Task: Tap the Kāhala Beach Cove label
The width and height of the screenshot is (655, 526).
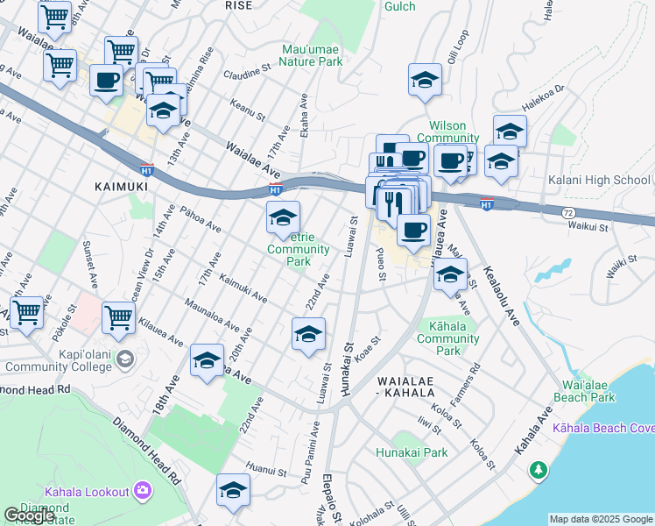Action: [603, 429]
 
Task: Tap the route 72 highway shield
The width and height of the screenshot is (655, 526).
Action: [568, 213]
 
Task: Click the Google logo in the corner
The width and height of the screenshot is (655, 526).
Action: [29, 515]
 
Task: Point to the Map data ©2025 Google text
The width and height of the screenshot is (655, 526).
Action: [600, 519]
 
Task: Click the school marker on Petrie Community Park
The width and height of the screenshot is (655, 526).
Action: [283, 217]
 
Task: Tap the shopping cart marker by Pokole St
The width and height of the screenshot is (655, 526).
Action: [26, 312]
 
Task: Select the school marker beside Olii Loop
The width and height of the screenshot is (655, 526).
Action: [425, 80]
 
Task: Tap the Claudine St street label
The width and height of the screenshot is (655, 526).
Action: [246, 74]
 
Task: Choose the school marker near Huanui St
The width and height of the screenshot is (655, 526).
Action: [234, 490]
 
